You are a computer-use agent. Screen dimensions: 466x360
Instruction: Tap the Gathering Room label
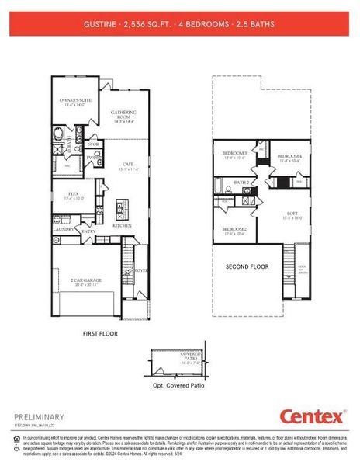[123, 116]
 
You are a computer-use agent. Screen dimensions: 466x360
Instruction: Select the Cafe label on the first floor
[129, 165]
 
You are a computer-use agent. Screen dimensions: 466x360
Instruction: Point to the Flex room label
[73, 196]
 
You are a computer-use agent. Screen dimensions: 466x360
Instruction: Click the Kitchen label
[123, 225]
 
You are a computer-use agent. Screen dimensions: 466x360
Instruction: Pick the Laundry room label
[63, 230]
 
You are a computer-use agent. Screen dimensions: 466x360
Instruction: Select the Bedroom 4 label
[289, 157]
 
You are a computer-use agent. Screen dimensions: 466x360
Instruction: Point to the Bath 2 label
[241, 183]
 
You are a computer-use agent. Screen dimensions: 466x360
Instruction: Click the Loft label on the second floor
[292, 215]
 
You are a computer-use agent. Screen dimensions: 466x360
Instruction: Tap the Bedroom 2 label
[234, 230]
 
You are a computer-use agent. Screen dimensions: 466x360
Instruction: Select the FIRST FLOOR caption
[102, 332]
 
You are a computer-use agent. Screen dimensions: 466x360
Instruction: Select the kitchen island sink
[120, 207]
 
